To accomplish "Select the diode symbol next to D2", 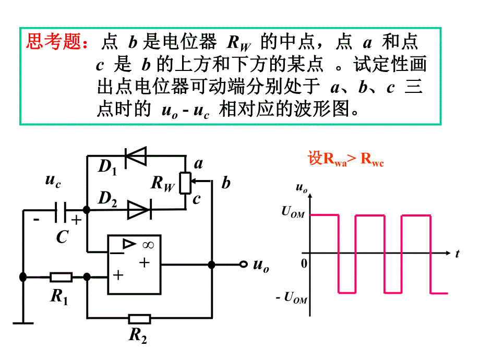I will (x=139, y=210).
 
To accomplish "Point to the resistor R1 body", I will (x=61, y=277).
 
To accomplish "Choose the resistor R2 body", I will (x=139, y=318).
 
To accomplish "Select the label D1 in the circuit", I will (x=107, y=166).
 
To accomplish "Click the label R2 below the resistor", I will (x=138, y=336).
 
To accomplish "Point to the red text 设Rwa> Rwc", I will (x=345, y=159).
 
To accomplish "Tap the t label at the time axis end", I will (x=457, y=254).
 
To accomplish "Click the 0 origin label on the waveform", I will (x=304, y=262).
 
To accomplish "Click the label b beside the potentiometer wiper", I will (x=226, y=183).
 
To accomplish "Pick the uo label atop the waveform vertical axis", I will (x=301, y=187).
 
